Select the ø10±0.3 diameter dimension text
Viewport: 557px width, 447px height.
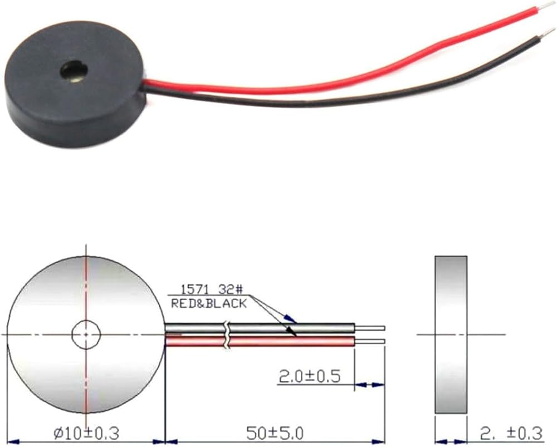[x=86, y=433]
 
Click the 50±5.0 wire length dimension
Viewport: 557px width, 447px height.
[x=275, y=433]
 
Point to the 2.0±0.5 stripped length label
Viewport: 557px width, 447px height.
[x=310, y=376]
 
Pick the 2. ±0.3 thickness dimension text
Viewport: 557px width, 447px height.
[x=511, y=433]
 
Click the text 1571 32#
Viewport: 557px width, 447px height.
[x=212, y=289]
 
